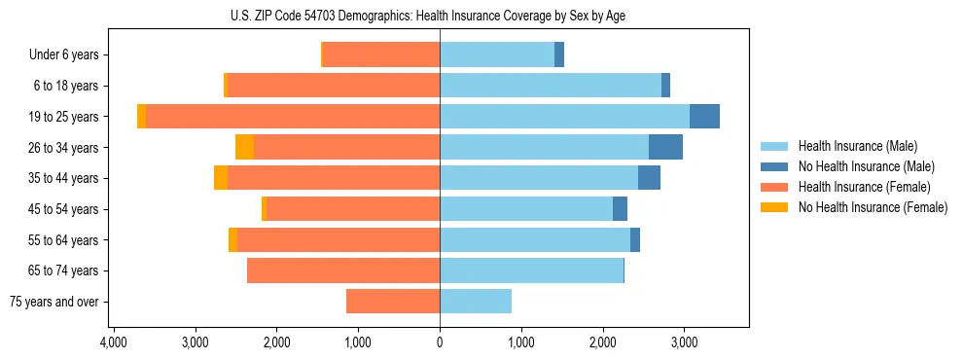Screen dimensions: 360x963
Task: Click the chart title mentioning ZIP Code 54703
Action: point(440,15)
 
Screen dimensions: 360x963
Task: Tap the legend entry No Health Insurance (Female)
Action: point(871,207)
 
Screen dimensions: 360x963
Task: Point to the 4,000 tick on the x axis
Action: point(114,342)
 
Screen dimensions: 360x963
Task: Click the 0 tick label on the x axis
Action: point(440,342)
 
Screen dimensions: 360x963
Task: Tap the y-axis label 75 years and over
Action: point(54,302)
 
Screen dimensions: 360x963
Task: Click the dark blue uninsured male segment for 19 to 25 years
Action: point(704,117)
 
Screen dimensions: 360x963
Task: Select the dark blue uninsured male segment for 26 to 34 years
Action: point(665,147)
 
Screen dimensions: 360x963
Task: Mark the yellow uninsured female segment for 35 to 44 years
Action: point(221,178)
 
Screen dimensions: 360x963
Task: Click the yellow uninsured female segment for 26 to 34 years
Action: point(244,147)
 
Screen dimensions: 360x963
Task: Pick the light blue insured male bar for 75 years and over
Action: point(476,302)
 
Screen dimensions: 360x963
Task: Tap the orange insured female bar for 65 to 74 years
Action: point(343,270)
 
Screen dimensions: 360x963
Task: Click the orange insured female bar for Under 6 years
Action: point(380,55)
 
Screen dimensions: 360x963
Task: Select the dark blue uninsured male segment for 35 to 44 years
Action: point(649,178)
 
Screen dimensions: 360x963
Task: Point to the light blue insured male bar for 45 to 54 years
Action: point(526,209)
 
